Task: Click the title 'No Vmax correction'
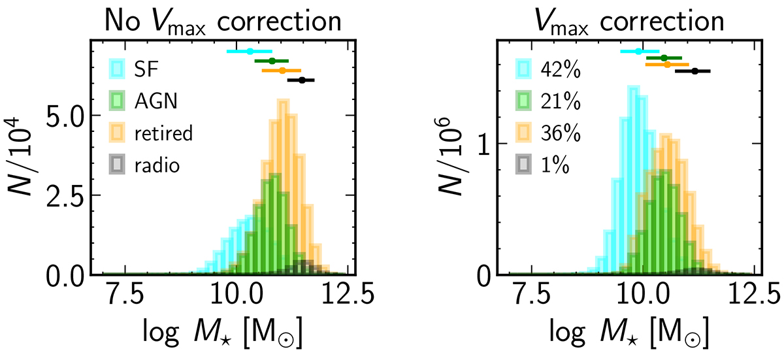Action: pyautogui.click(x=223, y=21)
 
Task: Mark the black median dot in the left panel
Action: pyautogui.click(x=302, y=80)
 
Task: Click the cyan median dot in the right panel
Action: pyautogui.click(x=638, y=51)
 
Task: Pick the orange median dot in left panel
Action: pyautogui.click(x=282, y=70)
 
